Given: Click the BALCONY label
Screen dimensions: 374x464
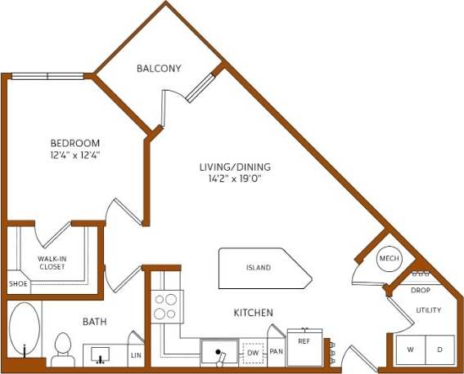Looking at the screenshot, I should [160, 69].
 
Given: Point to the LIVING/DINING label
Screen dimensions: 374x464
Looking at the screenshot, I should [235, 167].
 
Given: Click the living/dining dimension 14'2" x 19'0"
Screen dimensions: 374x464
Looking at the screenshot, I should [235, 179].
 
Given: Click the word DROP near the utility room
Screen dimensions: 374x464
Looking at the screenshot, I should [420, 291].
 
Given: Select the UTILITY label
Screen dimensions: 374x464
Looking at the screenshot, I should [428, 310].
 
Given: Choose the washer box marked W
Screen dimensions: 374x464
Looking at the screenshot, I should [411, 350].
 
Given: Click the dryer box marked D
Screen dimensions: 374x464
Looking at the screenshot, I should [439, 350].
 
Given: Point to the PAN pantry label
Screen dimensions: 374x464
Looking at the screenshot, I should [276, 352].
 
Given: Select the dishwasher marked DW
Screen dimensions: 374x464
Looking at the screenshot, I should [252, 353].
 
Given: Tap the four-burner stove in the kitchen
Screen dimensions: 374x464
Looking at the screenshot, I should [165, 305].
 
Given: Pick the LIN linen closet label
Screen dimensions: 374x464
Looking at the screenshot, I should [136, 355].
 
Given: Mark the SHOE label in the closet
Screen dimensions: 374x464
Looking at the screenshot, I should [17, 283].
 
